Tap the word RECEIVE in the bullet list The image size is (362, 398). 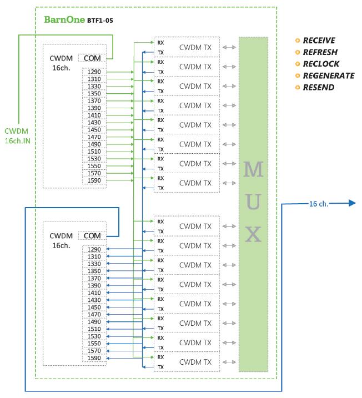point(319,41)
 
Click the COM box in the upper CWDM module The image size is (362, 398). point(89,58)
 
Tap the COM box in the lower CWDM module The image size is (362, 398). point(89,235)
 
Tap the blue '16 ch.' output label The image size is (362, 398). point(319,204)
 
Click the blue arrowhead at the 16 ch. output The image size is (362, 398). point(350,203)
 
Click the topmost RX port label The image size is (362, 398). point(160,42)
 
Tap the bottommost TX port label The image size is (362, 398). point(160,366)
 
